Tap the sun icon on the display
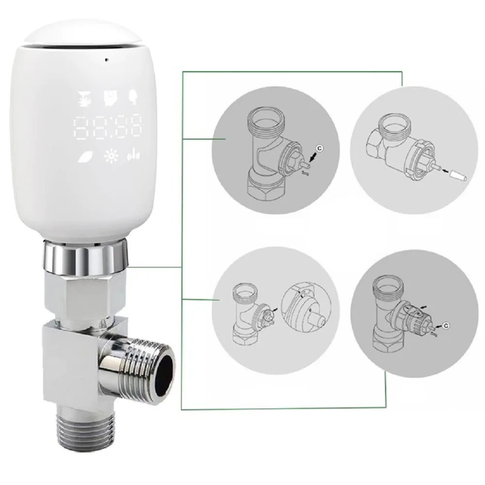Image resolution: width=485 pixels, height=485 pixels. [x=110, y=156]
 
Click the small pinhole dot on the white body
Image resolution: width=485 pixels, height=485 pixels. [x=107, y=59]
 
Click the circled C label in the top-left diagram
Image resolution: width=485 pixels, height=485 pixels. [x=320, y=149]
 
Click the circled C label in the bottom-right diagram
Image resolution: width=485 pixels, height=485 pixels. [x=446, y=326]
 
